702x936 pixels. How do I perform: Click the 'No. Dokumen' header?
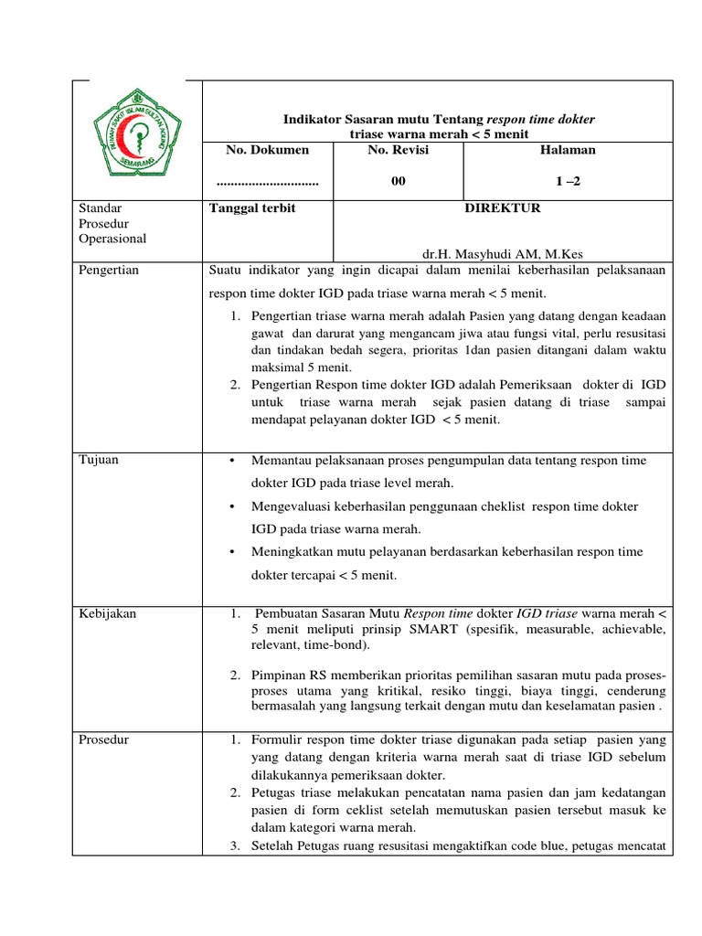coord(268,150)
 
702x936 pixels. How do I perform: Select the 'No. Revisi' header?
coord(398,150)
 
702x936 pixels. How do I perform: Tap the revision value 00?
coord(398,182)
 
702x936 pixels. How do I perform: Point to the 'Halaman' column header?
coord(569,150)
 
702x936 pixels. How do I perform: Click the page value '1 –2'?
coord(569,182)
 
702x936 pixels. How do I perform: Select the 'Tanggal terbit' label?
coord(253,208)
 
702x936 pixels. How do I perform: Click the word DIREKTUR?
coord(503,208)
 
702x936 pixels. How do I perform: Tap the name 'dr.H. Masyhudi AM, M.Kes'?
coord(503,254)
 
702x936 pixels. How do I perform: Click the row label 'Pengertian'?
coord(110,271)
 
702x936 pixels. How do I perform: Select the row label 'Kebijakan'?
coord(108,613)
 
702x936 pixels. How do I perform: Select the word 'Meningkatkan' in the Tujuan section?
coord(292,552)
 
